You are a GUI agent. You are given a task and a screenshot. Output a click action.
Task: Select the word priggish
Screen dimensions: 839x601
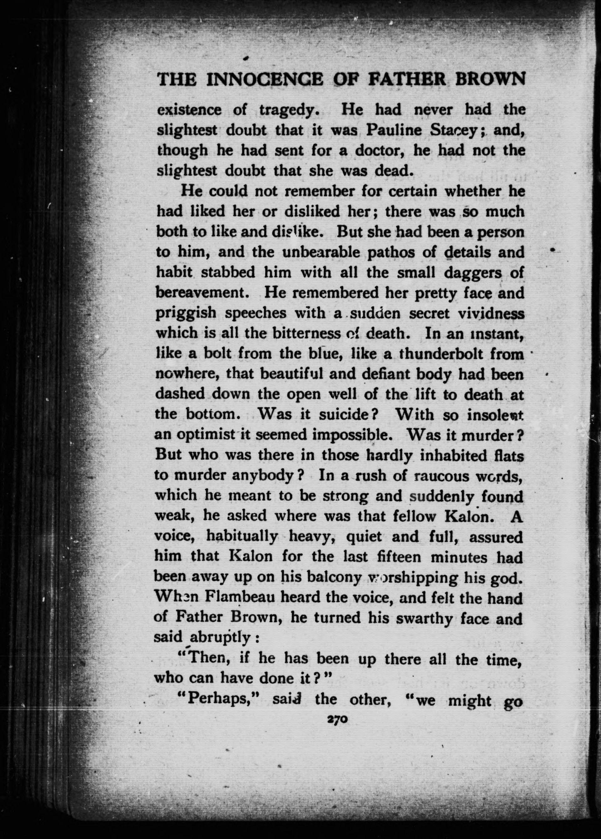[x=186, y=313]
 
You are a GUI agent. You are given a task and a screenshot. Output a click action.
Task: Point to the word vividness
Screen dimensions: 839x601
[x=491, y=313]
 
